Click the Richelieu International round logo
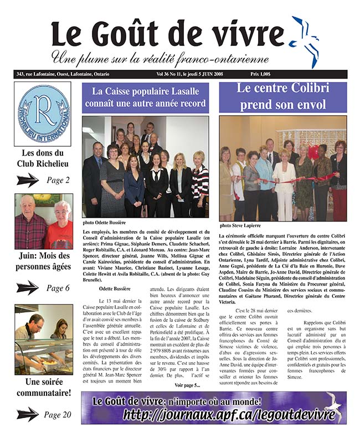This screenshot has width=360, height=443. point(43,114)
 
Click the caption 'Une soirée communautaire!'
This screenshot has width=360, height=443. point(43,388)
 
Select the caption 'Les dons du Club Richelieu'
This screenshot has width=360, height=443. point(43,158)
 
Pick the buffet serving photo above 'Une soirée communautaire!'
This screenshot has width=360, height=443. point(43,339)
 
